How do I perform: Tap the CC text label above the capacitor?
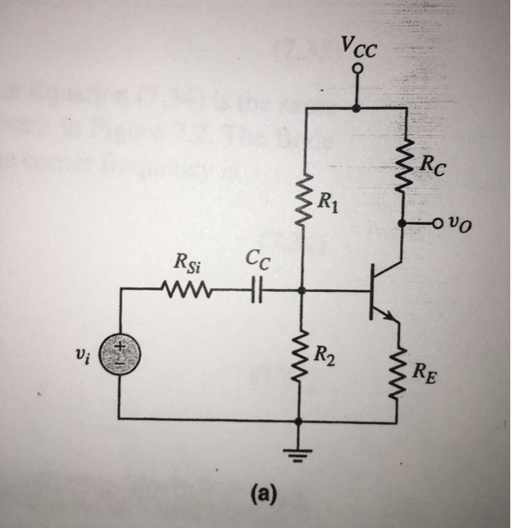252,263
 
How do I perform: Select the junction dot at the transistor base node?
301,289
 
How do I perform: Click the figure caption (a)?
263,494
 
